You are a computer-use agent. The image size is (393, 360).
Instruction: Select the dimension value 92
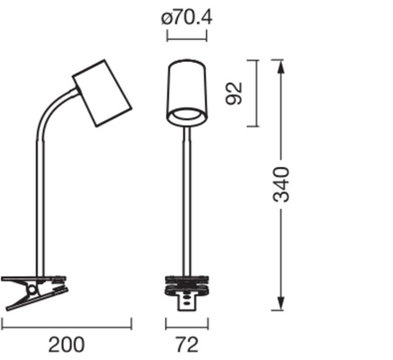click(233, 93)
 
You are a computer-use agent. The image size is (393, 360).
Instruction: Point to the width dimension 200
click(66, 344)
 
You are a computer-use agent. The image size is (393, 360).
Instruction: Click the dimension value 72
click(187, 344)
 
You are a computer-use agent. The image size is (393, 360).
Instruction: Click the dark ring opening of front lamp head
click(187, 114)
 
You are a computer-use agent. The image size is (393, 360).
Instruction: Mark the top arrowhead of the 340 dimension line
click(279, 65)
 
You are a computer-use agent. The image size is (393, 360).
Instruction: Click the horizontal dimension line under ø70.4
click(187, 35)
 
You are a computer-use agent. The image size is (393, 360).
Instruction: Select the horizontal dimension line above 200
click(66, 325)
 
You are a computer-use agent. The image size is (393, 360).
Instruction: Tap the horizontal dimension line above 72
click(187, 325)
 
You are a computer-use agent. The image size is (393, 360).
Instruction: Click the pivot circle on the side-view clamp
click(33, 289)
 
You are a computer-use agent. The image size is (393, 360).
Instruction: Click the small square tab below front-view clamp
click(187, 302)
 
